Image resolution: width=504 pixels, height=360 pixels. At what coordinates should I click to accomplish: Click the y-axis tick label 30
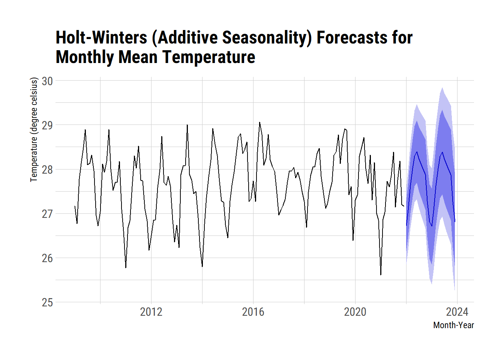(47, 81)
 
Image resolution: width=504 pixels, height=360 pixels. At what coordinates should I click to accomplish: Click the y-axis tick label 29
(47, 125)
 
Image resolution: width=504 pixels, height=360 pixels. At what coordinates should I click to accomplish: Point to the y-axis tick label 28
(47, 169)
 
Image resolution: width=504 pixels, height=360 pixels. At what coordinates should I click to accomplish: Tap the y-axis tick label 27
(47, 214)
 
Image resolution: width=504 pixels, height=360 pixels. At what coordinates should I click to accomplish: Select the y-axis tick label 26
(47, 258)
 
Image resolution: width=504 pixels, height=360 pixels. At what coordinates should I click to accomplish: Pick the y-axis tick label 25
(47, 302)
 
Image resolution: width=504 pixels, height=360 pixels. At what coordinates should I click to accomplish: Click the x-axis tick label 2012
(151, 312)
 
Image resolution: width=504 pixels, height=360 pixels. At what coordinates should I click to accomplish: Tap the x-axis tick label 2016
(253, 312)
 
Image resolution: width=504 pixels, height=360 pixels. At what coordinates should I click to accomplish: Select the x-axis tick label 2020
(355, 312)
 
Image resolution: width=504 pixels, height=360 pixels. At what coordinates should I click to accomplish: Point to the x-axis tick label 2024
(457, 312)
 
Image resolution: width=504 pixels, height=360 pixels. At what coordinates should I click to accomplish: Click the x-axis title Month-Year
(453, 325)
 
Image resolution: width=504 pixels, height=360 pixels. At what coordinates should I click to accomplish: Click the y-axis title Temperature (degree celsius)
(34, 129)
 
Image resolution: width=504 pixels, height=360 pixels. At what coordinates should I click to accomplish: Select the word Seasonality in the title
(267, 37)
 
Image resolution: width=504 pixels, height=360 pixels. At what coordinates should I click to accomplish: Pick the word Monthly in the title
(85, 57)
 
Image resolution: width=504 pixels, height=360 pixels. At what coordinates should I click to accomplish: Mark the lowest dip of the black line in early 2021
(381, 275)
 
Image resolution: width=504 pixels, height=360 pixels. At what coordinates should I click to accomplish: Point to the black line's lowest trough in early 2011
(126, 268)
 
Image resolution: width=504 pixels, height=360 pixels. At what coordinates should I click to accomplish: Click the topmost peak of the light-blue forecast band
(442, 88)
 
